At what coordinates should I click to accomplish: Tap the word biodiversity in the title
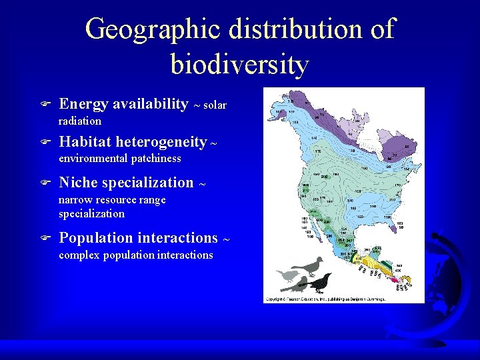(x=240, y=65)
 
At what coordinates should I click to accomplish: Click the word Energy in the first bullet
(x=84, y=104)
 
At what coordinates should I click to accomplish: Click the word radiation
(x=80, y=121)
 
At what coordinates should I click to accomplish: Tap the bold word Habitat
(x=85, y=142)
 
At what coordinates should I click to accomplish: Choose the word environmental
(x=93, y=159)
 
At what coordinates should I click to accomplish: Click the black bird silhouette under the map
(x=319, y=283)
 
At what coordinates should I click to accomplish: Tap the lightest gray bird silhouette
(x=287, y=275)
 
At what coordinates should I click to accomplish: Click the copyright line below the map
(x=325, y=299)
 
